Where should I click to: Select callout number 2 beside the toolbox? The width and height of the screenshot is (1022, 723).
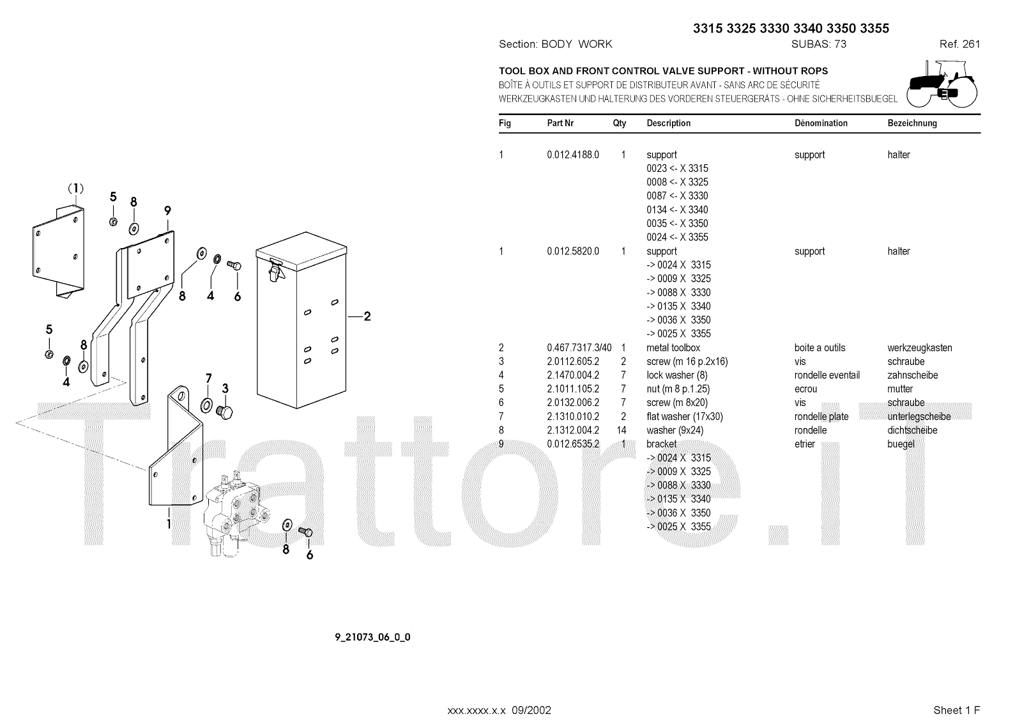click(367, 316)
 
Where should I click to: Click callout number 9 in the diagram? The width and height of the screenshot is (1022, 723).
click(167, 210)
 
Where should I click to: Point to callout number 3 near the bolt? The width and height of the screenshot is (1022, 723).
click(225, 388)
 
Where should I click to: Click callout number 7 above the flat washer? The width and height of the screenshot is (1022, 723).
click(209, 378)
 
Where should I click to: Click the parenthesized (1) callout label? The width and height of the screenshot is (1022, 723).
click(76, 188)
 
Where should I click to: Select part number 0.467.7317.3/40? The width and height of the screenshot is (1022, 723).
click(579, 348)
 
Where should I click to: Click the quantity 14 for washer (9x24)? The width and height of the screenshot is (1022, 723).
click(622, 430)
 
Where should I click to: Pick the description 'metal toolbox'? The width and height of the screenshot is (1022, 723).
click(673, 348)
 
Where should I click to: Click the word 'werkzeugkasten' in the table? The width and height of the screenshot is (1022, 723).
click(919, 348)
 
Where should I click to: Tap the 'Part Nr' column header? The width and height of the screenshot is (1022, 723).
click(560, 123)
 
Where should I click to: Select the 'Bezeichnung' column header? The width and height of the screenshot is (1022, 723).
click(911, 123)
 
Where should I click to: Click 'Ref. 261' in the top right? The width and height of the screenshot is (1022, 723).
click(959, 44)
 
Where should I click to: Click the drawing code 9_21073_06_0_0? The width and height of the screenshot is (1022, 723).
click(372, 637)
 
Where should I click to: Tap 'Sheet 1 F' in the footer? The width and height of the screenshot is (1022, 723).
click(956, 710)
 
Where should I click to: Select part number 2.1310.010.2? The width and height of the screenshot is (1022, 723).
click(573, 416)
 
